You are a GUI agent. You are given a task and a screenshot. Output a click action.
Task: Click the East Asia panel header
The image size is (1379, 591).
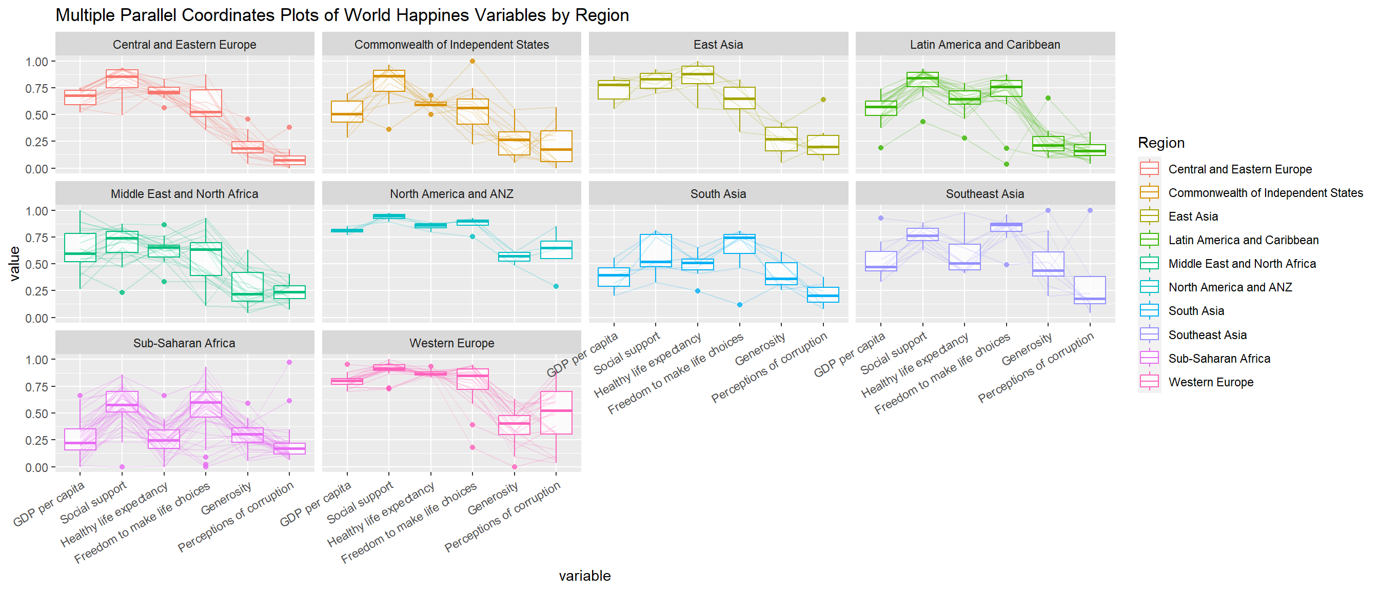pos(718,45)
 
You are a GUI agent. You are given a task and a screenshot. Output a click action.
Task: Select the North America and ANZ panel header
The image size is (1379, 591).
pos(451,194)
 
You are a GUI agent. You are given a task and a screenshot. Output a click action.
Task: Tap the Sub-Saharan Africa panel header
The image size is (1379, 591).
pos(184,343)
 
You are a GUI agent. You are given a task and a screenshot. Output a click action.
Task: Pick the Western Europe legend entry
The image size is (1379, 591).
pos(1210,382)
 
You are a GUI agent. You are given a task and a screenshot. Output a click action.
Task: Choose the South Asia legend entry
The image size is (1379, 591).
pos(1196,311)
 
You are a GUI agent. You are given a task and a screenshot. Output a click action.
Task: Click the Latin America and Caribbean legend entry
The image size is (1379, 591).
pos(1243,240)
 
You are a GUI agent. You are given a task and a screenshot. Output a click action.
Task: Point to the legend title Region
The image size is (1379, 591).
pos(1160,143)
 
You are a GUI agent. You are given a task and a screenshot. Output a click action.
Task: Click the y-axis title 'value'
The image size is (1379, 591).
pos(14,264)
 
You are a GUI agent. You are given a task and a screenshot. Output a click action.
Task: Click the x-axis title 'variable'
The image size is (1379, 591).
pos(584,576)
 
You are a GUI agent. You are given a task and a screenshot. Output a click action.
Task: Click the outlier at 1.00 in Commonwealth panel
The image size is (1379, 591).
pos(472,61)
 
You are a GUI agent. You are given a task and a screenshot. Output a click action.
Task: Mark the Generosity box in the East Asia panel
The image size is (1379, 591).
pos(781,139)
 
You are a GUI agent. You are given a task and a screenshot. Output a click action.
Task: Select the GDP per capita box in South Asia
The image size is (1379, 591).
pos(614,277)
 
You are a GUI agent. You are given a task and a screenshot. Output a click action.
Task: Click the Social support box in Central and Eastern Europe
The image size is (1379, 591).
pos(122,78)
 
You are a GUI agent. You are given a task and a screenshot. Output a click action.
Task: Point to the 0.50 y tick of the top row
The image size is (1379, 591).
pos(37,115)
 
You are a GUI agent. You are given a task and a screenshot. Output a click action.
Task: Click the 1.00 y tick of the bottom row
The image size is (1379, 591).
pos(37,360)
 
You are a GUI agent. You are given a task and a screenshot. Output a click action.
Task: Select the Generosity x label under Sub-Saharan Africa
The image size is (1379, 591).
pos(226,499)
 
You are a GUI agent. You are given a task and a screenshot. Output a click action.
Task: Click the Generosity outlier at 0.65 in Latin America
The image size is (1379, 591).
pos(1048,98)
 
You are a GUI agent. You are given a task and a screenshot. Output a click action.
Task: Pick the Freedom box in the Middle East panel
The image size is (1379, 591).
pos(206,259)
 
